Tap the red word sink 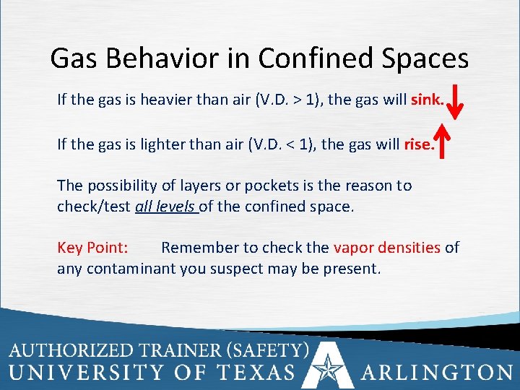(427, 100)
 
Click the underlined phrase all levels (165, 207)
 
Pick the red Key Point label (92, 248)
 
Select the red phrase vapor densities (386, 248)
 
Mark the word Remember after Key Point (200, 248)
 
